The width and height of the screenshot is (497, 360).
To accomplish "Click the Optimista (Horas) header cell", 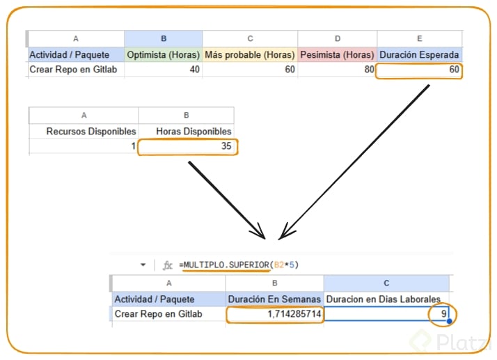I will pos(164,54).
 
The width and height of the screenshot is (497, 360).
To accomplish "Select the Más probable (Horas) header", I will pos(250,54).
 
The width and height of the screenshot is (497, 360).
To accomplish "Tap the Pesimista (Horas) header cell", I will pos(338,54).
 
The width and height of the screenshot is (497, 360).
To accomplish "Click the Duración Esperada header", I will pos(419,54).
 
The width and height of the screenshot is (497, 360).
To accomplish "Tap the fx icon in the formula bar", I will pos(167,265).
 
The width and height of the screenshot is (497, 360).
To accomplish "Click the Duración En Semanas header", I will pos(274,299).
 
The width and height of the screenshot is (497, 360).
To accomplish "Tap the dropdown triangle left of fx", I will pos(143,265).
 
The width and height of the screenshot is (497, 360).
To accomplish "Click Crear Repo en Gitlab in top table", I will pos(74,70).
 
